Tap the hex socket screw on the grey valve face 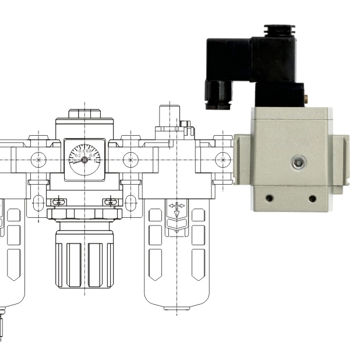coord(298,163)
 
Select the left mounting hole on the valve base coord(269,199)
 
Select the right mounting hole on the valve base coord(313,199)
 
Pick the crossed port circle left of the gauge coord(39,159)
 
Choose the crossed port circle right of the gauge coord(130,159)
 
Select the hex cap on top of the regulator coord(84,113)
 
